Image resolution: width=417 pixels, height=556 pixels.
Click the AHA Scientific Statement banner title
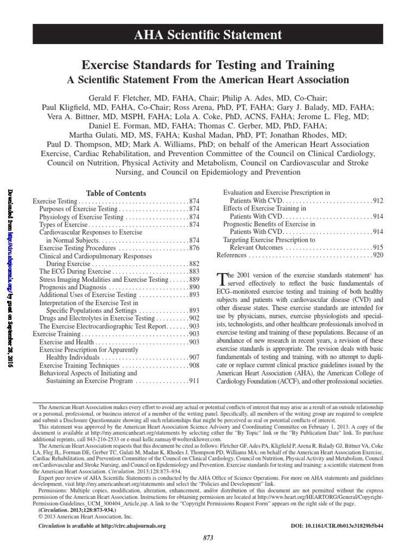click(x=208, y=35)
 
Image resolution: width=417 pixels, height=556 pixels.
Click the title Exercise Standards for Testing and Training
click(x=208, y=65)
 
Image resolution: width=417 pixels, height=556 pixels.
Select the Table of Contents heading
click(x=116, y=193)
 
